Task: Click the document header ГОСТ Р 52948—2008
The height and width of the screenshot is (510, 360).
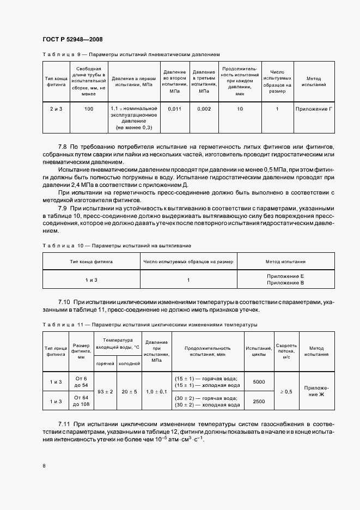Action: [72, 40]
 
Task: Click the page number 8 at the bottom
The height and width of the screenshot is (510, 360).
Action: [44, 466]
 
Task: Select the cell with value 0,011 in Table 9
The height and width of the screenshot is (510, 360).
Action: [174, 109]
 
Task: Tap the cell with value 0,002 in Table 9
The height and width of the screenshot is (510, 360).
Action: [204, 109]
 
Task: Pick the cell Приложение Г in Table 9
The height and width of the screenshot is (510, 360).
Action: [313, 109]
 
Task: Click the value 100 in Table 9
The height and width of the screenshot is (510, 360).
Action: [89, 109]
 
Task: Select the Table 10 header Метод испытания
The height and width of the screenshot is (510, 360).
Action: [285, 262]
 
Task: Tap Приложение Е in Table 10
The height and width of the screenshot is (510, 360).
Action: [285, 277]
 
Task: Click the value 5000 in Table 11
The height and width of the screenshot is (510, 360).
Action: [259, 382]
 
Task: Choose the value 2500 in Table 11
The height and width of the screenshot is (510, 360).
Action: [259, 401]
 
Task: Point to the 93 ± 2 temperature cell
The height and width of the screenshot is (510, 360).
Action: [105, 391]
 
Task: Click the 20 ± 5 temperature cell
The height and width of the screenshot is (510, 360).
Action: [129, 391]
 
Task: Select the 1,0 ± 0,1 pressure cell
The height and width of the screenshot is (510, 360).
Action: [156, 391]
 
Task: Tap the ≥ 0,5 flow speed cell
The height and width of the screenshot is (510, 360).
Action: [285, 391]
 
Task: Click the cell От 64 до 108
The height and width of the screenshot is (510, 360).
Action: [81, 401]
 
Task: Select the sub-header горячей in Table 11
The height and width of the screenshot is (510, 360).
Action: [105, 363]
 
